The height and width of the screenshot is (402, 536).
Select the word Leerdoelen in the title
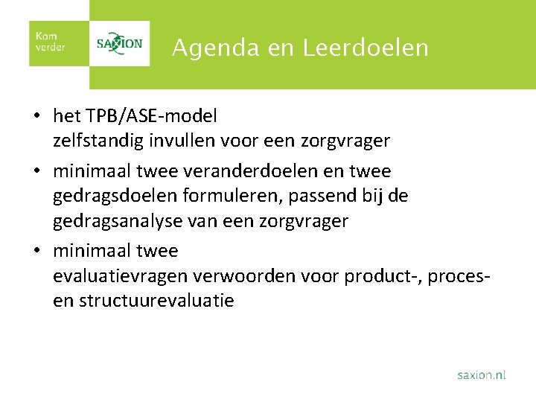tap(366, 48)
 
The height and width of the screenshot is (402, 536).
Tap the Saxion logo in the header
tap(119, 43)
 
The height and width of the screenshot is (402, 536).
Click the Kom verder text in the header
tap(51, 42)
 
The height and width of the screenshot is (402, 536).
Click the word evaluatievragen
tap(121, 277)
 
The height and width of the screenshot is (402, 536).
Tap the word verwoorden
tap(237, 277)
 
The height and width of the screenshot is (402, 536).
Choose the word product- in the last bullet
tap(380, 277)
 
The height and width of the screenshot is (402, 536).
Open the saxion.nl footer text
tap(481, 375)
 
